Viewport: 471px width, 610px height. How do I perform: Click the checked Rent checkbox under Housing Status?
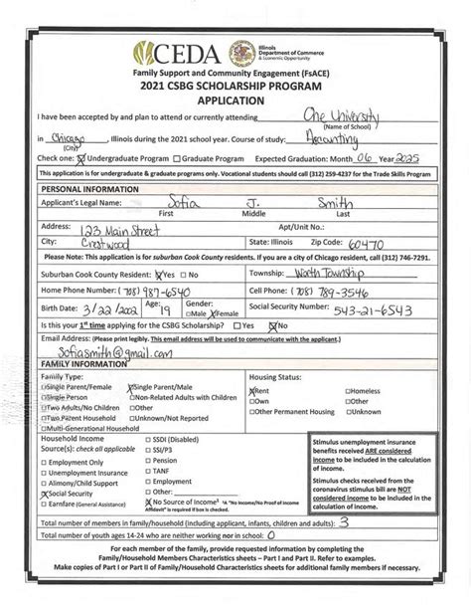(252, 392)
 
